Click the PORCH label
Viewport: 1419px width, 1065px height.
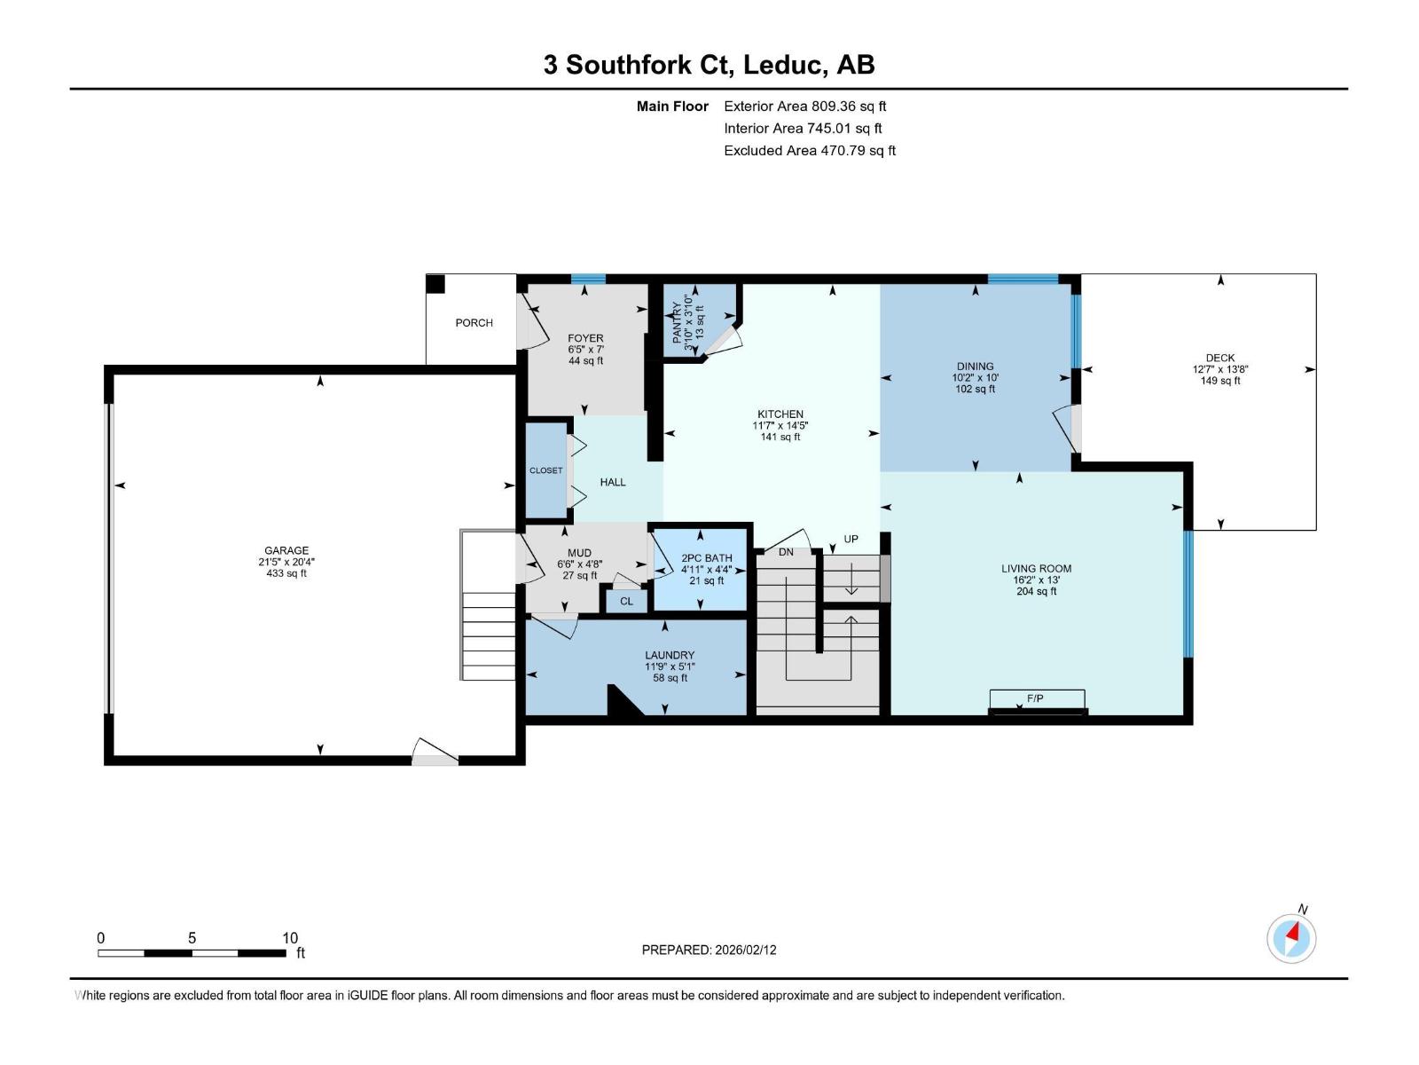474,323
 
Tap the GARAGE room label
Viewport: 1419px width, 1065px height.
286,551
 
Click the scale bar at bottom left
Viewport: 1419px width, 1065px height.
192,953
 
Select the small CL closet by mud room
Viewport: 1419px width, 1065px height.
626,601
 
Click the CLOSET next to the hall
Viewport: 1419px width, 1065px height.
545,470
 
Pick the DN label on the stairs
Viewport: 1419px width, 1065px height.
786,552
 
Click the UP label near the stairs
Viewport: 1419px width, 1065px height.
851,539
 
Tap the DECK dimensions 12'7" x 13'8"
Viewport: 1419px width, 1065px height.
1220,369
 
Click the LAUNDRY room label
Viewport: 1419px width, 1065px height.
670,655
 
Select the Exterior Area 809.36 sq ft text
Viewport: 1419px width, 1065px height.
804,106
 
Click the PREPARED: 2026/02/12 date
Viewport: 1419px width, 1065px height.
709,950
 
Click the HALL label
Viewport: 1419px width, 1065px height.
612,482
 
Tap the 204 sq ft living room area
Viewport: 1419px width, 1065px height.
1036,591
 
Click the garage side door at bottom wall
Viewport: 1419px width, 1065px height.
435,753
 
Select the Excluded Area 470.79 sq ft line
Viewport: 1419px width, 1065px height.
809,150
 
